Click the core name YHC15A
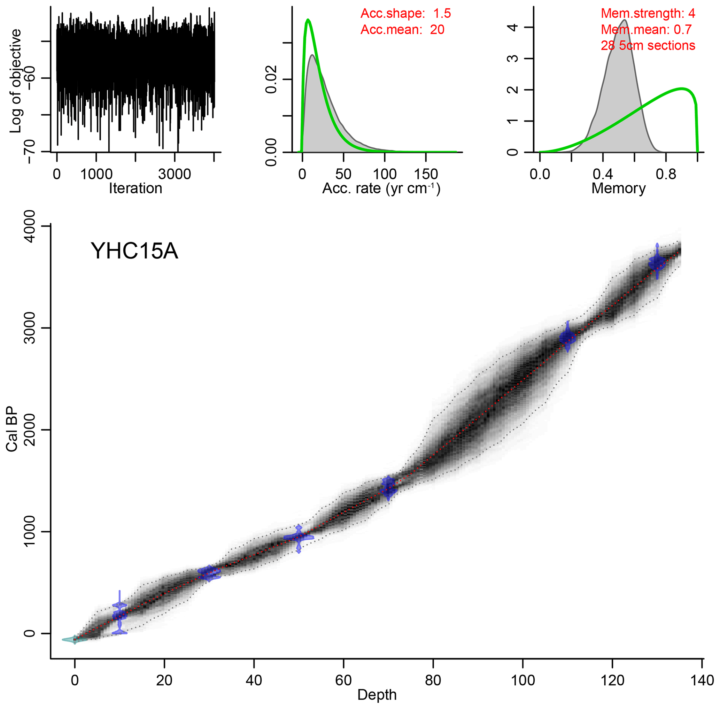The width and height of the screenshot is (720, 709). tap(134, 251)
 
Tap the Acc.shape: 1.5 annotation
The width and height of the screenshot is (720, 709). tap(405, 14)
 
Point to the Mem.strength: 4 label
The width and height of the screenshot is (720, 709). tap(648, 14)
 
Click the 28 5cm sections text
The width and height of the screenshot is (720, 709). tap(648, 46)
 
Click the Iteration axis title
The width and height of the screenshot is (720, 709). tap(136, 188)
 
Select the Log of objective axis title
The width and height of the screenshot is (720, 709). tap(16, 81)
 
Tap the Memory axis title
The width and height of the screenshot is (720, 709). tap(618, 188)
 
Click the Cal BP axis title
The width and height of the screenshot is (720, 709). tap(12, 429)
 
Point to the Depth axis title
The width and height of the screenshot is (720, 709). tap(377, 695)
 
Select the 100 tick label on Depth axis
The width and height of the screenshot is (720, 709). tap(523, 680)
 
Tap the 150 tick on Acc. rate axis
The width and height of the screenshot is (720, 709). tap(426, 174)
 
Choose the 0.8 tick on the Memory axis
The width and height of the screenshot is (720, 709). tap(666, 174)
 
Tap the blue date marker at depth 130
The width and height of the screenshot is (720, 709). tap(657, 263)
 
